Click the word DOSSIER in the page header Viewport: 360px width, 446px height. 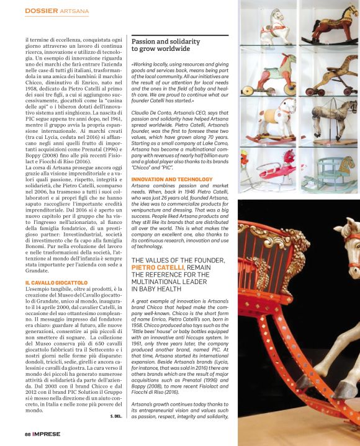point(41,11)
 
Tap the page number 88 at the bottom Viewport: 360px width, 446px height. point(27,434)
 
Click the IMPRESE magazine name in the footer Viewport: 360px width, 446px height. point(48,434)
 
